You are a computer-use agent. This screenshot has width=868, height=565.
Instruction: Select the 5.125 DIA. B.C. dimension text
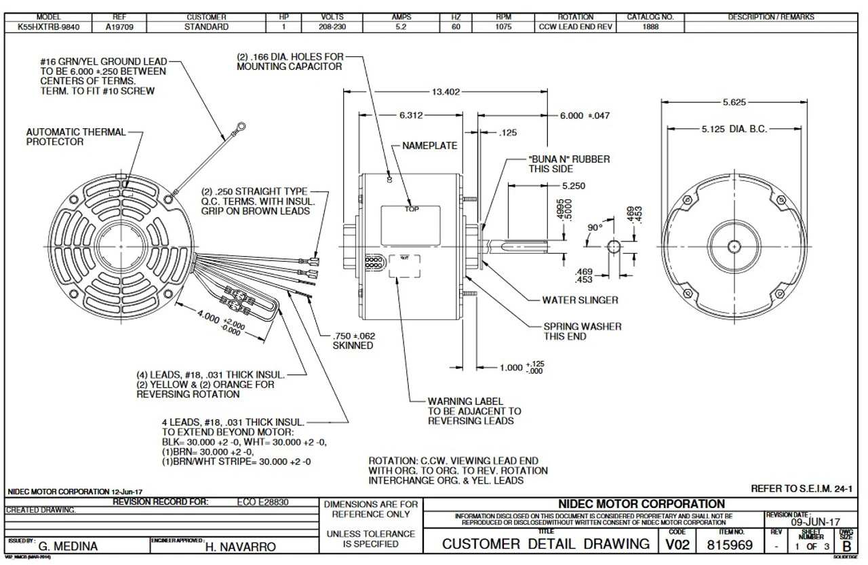coord(734,129)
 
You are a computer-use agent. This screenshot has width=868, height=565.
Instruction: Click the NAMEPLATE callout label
coord(429,146)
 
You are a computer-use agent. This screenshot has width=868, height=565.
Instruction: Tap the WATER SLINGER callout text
coord(580,300)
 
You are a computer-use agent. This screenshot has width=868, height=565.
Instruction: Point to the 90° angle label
coord(595,228)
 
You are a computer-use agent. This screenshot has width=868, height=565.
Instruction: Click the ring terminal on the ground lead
coord(240,125)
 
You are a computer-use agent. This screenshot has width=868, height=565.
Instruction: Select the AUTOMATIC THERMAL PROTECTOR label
coord(76,137)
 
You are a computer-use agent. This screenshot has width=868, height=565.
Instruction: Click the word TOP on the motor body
coord(412,209)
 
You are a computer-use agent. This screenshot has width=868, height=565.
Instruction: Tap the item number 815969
coord(730,544)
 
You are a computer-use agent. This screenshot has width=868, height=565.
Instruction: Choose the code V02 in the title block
coord(672,544)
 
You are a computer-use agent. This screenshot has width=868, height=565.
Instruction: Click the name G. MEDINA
coord(68,546)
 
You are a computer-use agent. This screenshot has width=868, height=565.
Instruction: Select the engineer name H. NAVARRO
coord(240,546)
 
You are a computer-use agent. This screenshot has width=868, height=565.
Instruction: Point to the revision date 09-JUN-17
coord(816,522)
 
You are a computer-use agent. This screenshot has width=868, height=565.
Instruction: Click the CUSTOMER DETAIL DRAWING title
coord(546,544)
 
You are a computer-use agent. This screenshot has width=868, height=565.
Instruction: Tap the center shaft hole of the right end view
coord(734,245)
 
